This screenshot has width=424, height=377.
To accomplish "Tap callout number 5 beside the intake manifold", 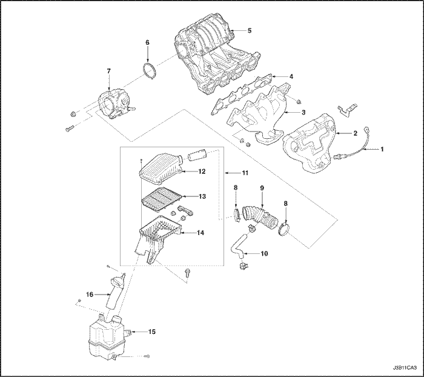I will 250,30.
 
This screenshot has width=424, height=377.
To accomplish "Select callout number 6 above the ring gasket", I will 147,42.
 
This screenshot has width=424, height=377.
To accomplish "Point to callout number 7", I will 108,72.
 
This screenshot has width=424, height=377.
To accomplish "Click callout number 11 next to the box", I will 245,173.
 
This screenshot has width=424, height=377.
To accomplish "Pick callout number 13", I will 203,196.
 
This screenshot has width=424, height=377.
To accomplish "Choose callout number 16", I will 88,294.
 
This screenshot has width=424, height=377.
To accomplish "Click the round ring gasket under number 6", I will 148,70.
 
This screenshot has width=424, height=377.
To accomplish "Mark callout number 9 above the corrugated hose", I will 262,188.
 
